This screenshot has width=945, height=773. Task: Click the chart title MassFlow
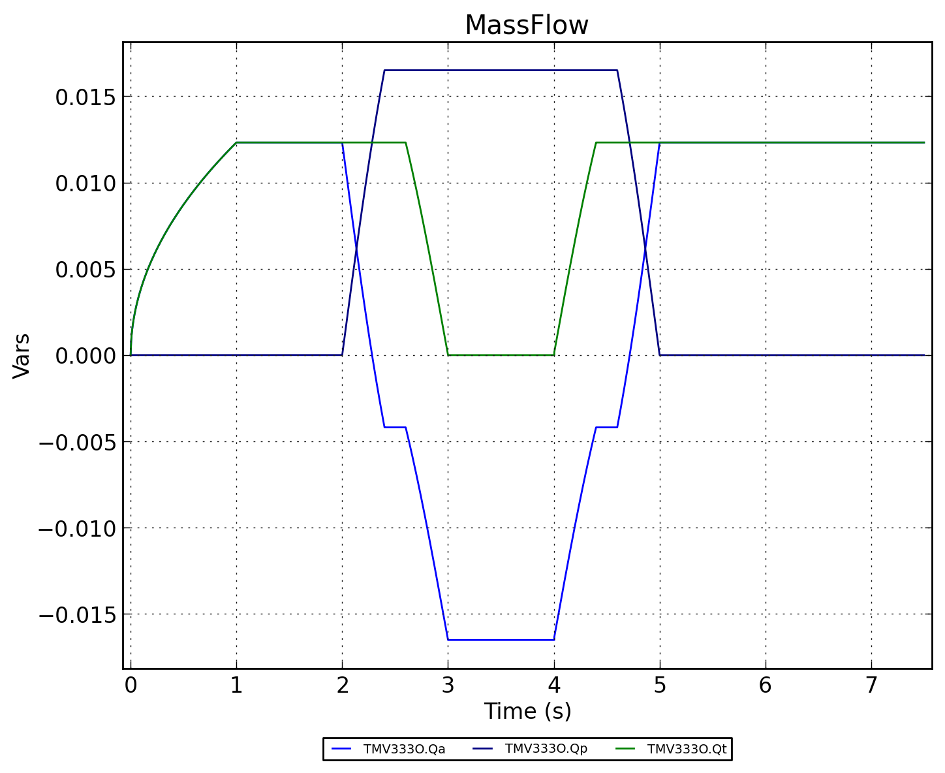527,26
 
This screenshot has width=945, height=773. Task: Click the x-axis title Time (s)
527,712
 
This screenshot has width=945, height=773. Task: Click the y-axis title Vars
22,355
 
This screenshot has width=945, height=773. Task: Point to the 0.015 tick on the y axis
85,97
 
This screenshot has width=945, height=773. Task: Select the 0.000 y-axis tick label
85,356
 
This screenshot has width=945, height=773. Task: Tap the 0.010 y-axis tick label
85,183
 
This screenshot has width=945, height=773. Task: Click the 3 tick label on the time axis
448,686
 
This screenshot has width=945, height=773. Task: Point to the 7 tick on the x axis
871,686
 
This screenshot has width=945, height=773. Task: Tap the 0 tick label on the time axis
131,686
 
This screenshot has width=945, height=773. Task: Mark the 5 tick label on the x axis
659,686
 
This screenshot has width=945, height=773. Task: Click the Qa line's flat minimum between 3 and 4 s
501,640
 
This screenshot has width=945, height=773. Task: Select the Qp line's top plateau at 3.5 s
501,70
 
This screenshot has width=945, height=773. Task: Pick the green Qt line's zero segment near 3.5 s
501,355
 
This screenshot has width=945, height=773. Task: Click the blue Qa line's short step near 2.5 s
395,427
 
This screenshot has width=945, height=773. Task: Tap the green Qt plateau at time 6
765,142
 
